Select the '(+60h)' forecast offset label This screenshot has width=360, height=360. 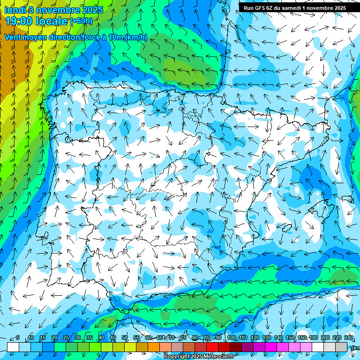[x=81, y=21]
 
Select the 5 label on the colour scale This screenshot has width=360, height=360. [x=18, y=338]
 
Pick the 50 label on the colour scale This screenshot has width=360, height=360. [x=125, y=338]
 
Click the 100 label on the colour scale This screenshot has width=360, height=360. [x=231, y=338]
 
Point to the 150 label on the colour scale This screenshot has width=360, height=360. [x=290, y=338]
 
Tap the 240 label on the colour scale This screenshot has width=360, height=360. [x=349, y=338]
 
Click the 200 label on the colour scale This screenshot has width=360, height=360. [x=325, y=338]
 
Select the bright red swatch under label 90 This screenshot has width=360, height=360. [x=213, y=347]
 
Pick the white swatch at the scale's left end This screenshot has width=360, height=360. [x=13, y=347]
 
